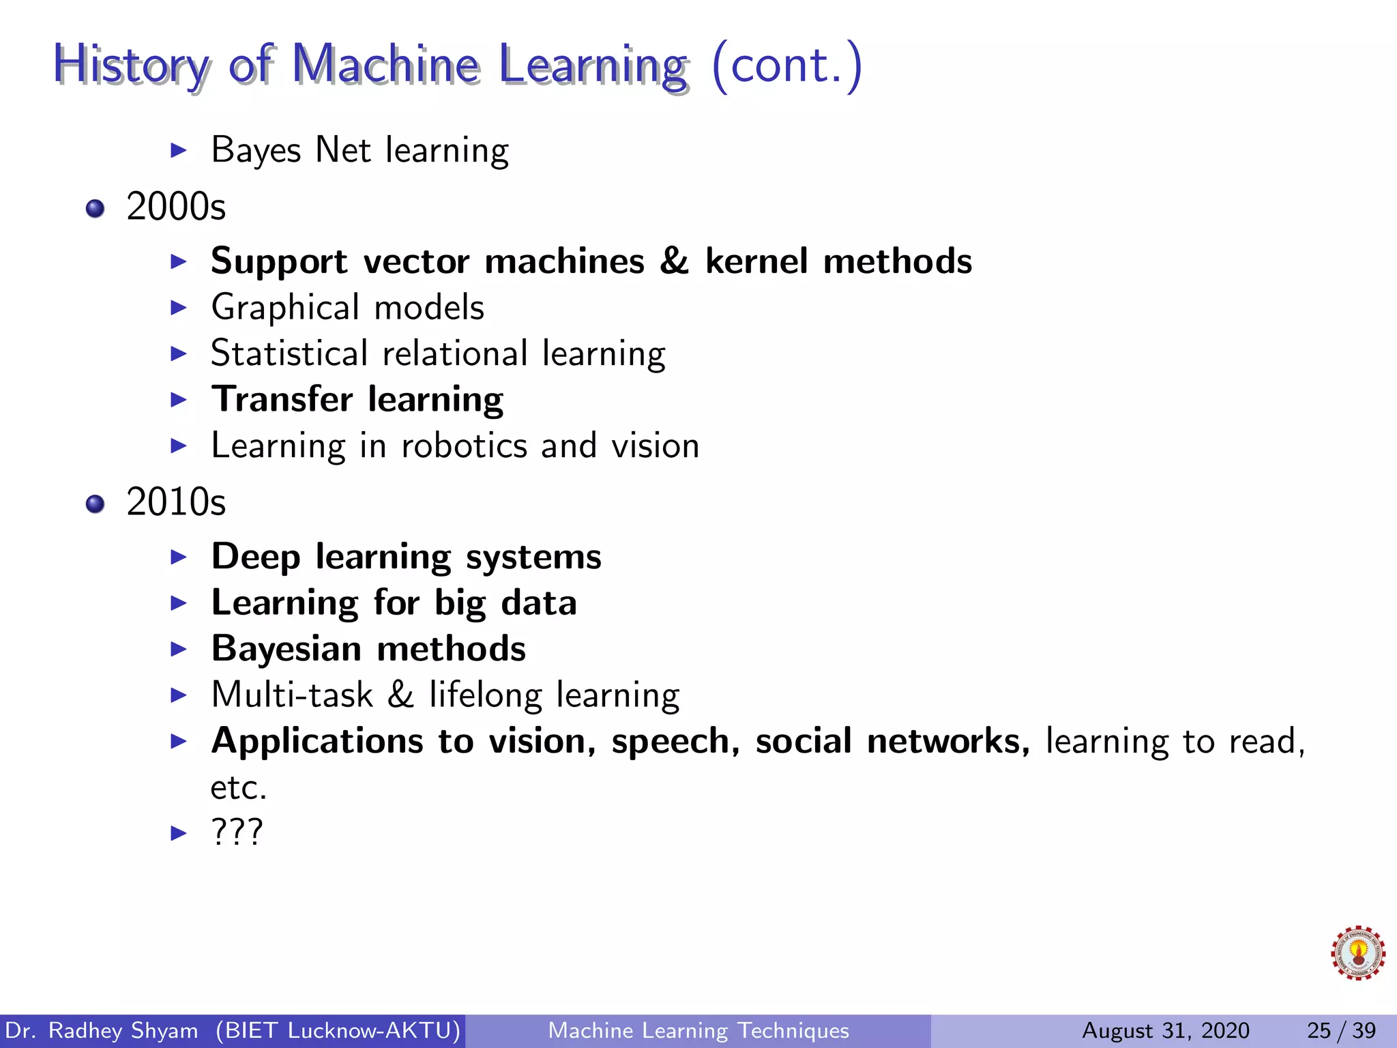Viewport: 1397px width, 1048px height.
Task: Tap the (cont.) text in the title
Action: pyautogui.click(x=786, y=65)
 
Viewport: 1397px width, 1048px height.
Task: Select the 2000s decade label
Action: pyautogui.click(x=176, y=207)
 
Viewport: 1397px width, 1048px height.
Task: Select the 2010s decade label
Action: pyautogui.click(x=176, y=502)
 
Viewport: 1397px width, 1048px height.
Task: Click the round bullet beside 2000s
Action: pyautogui.click(x=95, y=208)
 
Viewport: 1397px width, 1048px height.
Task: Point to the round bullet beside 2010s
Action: pyautogui.click(x=95, y=504)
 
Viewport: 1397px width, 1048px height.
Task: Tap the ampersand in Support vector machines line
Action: pyautogui.click(x=674, y=261)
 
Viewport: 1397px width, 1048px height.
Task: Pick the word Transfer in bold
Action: pyautogui.click(x=282, y=399)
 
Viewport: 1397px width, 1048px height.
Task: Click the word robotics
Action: pyautogui.click(x=464, y=446)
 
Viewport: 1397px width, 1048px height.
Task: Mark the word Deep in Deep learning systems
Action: pyautogui.click(x=256, y=557)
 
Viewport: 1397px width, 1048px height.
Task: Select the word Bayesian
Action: pyautogui.click(x=286, y=649)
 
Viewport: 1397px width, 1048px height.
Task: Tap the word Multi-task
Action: pyautogui.click(x=292, y=695)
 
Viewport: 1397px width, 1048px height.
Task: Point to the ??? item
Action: pyautogui.click(x=237, y=832)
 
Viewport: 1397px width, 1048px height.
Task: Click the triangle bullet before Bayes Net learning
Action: pyautogui.click(x=178, y=150)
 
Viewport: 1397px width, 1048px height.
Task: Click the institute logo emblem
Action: pyautogui.click(x=1357, y=953)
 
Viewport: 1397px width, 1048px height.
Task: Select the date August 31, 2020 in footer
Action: pyautogui.click(x=1166, y=1030)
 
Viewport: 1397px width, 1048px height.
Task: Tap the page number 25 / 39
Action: pyautogui.click(x=1341, y=1030)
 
